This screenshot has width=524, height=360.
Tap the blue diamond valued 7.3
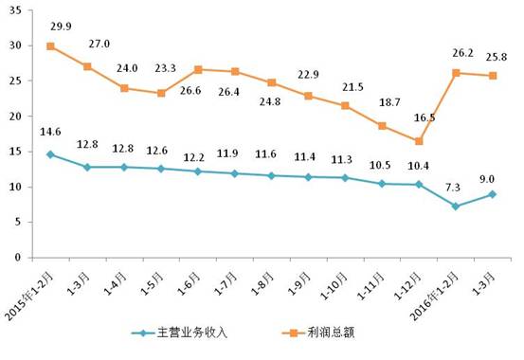pyautogui.click(x=456, y=207)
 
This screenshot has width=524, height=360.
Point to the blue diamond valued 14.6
pyautogui.click(x=49, y=154)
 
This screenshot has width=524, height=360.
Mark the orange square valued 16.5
pyautogui.click(x=419, y=141)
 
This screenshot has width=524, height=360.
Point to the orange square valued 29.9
pyautogui.click(x=49, y=46)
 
